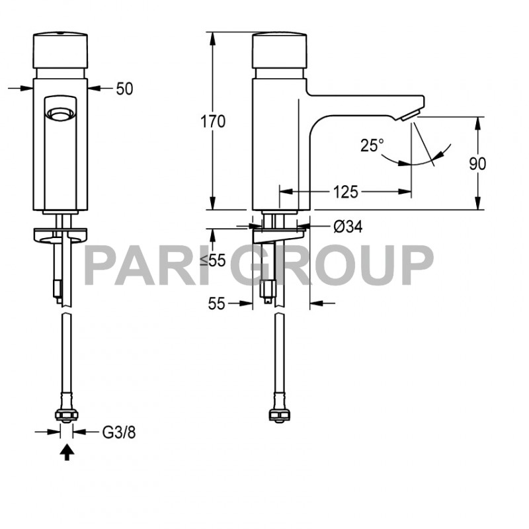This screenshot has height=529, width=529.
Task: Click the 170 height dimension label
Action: click(214, 122)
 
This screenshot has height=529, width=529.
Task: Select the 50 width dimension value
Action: click(124, 89)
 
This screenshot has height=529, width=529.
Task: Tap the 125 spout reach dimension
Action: click(345, 192)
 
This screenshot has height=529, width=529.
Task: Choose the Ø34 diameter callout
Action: click(348, 227)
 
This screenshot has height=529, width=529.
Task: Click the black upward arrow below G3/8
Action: click(66, 453)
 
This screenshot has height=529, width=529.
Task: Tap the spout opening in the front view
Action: click(60, 115)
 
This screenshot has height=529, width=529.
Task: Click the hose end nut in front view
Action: click(66, 415)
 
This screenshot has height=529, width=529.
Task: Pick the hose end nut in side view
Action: click(278, 415)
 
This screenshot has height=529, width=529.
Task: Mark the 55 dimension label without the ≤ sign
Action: click(216, 304)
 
